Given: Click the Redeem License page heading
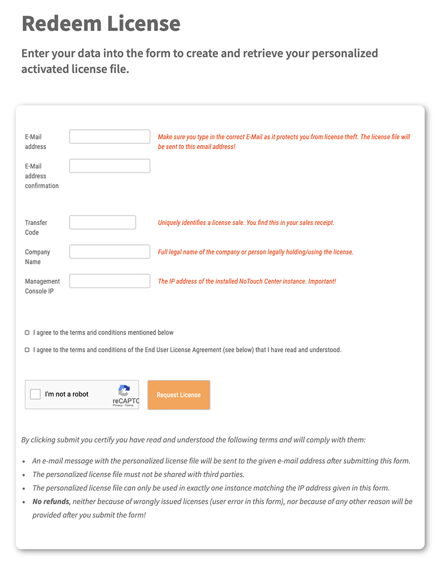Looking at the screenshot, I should point(101,23).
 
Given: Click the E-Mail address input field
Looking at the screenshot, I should point(109,137).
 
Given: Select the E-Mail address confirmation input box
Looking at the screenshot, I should point(109,166).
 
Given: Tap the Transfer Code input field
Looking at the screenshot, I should point(102,222).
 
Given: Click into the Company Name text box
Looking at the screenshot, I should point(109,252).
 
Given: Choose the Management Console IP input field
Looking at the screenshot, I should point(109,281).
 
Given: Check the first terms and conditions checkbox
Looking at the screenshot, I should point(27,333).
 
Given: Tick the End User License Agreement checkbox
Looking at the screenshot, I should point(27,350).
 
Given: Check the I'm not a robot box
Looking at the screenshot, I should point(35,394).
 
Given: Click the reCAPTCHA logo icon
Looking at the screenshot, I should point(124,390).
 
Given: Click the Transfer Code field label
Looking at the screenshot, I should point(36,227).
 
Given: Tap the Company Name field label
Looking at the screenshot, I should point(37,257).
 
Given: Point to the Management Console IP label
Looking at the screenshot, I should point(42,286).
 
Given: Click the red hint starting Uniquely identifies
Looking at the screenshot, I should point(246,223).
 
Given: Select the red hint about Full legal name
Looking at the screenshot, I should point(255,252).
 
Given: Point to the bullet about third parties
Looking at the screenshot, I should point(138,474).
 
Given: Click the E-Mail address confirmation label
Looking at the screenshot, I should point(41,176).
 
